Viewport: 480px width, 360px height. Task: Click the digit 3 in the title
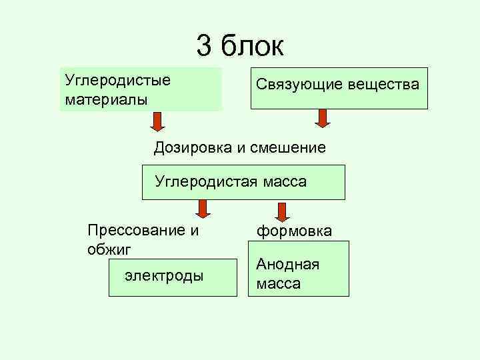[x=205, y=47]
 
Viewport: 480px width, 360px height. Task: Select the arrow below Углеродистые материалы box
[x=157, y=121]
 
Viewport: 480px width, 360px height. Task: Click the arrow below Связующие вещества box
[x=323, y=119]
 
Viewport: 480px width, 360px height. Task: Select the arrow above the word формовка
[x=283, y=212]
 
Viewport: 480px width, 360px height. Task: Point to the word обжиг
[x=109, y=249]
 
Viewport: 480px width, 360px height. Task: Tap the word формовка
[x=294, y=231]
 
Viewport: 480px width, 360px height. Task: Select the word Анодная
[x=287, y=264]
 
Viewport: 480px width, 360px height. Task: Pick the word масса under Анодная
[x=278, y=283]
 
